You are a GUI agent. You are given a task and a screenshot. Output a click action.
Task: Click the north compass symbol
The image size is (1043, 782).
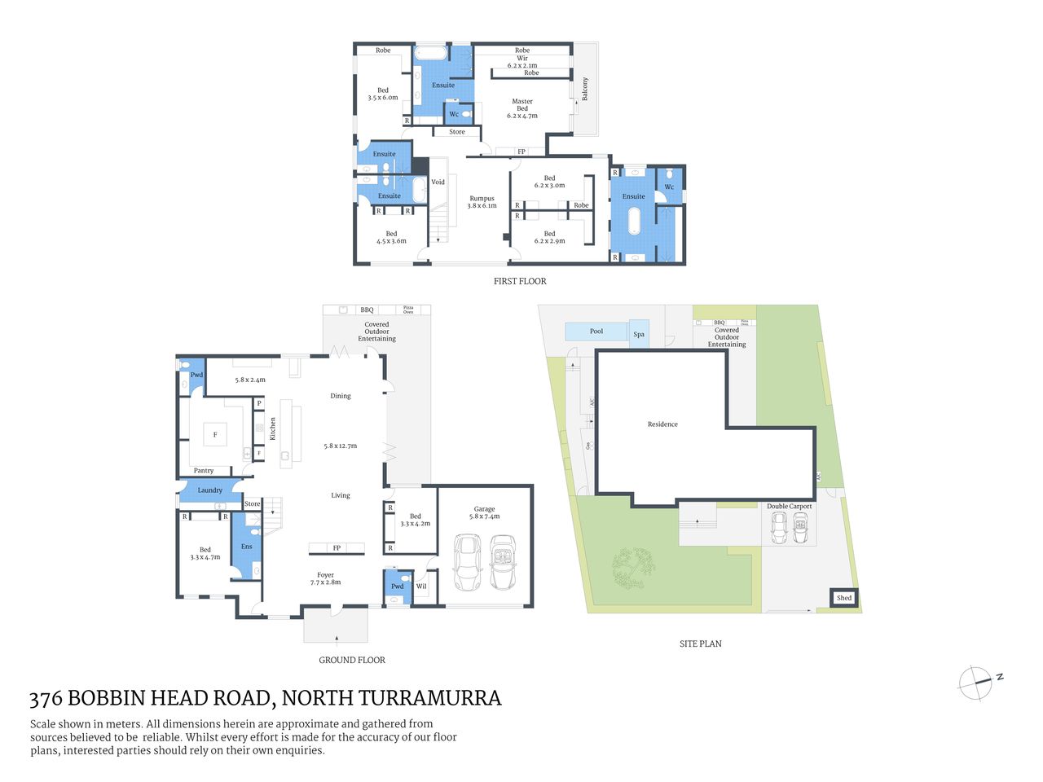[976, 683]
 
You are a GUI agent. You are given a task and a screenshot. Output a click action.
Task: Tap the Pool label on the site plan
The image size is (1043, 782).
[596, 331]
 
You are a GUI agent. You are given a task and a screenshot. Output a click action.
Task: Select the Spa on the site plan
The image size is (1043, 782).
[639, 334]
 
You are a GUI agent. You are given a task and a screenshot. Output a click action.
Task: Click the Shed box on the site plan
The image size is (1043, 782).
[844, 598]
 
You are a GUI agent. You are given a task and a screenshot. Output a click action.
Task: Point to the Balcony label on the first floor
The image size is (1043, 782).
[584, 89]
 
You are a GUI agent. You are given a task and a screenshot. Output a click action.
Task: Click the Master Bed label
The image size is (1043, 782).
[522, 108]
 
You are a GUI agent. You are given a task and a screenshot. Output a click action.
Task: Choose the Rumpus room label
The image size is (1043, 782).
[482, 202]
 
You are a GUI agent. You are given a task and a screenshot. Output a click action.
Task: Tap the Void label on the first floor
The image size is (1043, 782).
[438, 182]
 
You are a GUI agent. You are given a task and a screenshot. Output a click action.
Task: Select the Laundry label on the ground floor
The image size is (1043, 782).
[209, 490]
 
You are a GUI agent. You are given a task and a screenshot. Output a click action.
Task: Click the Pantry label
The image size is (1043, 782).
[204, 471]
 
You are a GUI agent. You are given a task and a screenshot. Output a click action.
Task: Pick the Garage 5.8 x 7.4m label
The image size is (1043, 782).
[484, 512]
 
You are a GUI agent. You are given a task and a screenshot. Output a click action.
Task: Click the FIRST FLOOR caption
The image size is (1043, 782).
[520, 281]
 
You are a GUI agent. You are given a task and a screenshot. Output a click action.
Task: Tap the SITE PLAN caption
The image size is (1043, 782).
[700, 644]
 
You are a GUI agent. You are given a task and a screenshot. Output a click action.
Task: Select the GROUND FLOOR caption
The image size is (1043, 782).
[352, 660]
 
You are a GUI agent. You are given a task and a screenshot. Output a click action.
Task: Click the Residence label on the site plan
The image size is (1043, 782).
[662, 424]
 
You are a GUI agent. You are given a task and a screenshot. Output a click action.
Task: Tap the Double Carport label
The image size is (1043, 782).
[789, 507]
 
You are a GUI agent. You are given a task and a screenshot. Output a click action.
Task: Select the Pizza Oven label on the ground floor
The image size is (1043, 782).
[408, 310]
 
